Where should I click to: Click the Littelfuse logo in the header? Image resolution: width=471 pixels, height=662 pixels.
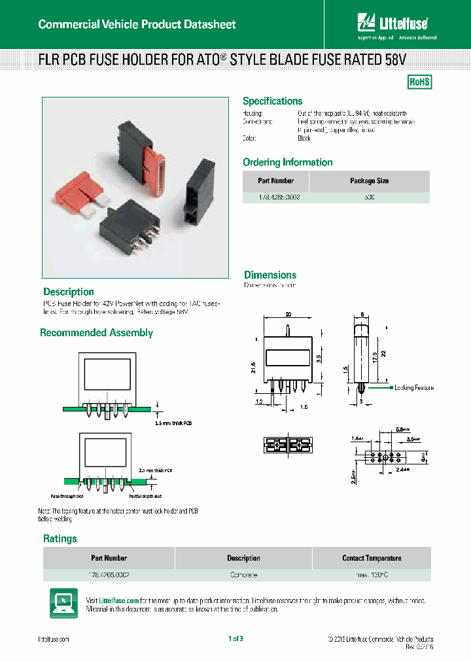pos(392,25)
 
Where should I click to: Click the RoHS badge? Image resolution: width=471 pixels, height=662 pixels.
pos(419,82)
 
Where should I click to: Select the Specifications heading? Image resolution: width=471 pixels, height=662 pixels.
pos(272,101)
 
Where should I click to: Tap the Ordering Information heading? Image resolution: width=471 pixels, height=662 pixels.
pos(287,162)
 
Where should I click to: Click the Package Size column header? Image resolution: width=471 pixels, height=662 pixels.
pos(370,181)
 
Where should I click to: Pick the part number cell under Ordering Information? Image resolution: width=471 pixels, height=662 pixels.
pos(275,197)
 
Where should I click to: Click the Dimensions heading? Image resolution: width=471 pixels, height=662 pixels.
pos(270,275)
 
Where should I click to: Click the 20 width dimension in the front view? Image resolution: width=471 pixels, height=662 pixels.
pos(288,315)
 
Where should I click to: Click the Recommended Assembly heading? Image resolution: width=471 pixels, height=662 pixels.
pos(96,333)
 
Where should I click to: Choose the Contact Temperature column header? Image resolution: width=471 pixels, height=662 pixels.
pos(372,558)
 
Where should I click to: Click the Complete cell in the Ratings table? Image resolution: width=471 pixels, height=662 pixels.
pos(243,575)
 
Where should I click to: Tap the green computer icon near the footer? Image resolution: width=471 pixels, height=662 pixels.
pos(63,602)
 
